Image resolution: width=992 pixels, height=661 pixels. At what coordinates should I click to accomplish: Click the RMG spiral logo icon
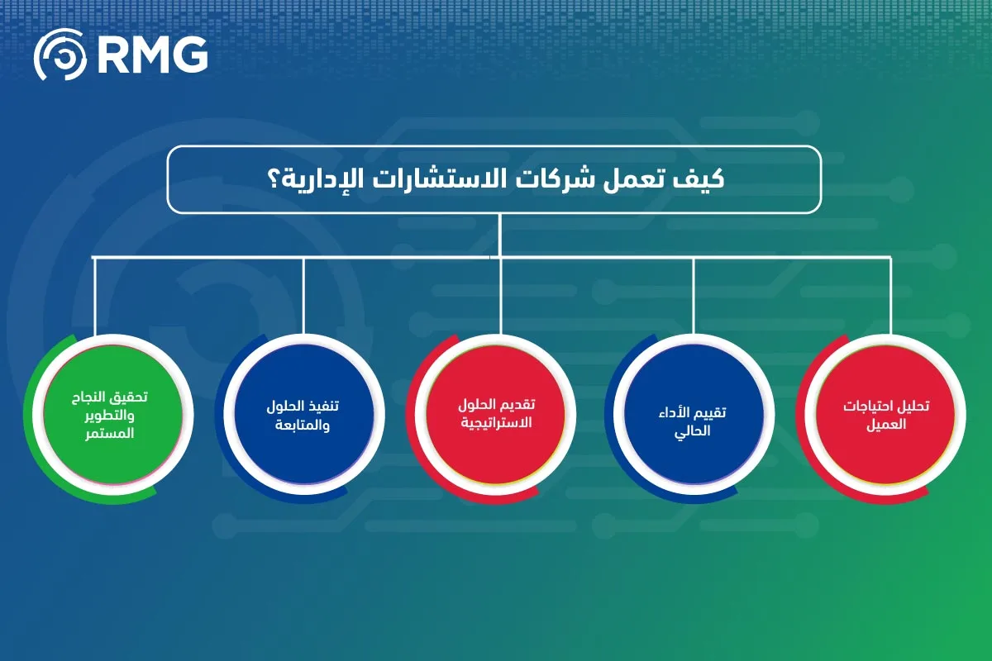tap(60, 55)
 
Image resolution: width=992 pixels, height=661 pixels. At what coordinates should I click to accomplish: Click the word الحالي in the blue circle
tap(693, 430)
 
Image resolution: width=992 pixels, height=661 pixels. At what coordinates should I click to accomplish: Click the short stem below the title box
tap(499, 235)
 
